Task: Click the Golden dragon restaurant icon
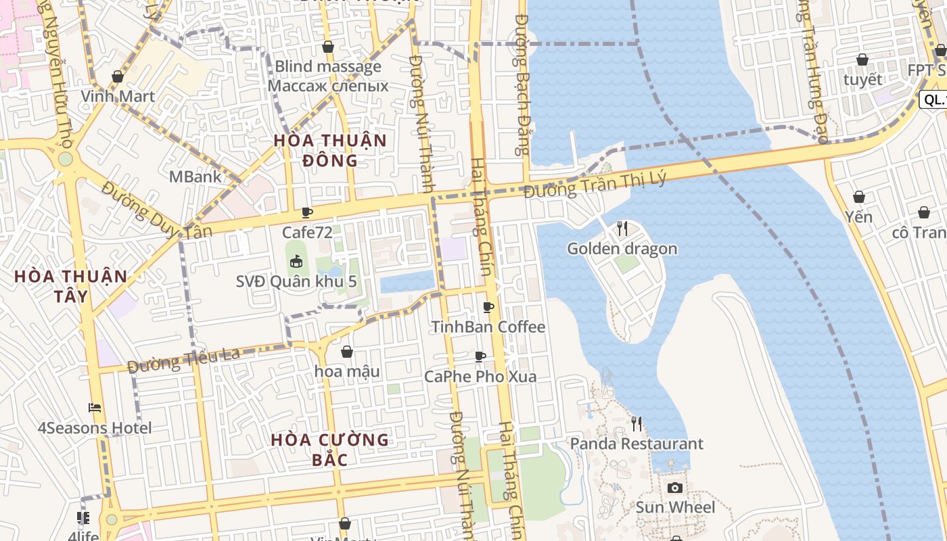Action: (x=622, y=229)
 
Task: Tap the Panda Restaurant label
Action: (x=637, y=444)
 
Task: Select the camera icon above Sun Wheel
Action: (x=674, y=488)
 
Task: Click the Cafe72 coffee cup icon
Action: (x=307, y=213)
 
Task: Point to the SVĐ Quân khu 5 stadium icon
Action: (x=296, y=261)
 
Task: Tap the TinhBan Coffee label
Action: (x=488, y=327)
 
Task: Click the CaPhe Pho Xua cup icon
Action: (x=480, y=356)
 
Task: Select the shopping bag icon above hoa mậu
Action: (x=347, y=352)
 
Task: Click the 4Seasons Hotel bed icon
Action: (x=95, y=408)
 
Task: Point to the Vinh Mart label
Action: (x=118, y=95)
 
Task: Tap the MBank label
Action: (x=195, y=177)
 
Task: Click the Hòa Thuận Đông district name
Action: (x=330, y=150)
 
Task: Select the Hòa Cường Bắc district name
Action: (x=330, y=450)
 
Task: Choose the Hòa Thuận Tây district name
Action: (x=71, y=286)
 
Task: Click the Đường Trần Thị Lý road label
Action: (x=595, y=185)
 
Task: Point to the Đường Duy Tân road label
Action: (x=156, y=210)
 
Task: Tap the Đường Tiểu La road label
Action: (x=184, y=360)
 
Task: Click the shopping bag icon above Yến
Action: (x=858, y=197)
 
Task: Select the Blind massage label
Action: (x=328, y=66)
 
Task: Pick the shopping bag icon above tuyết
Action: (x=862, y=60)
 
